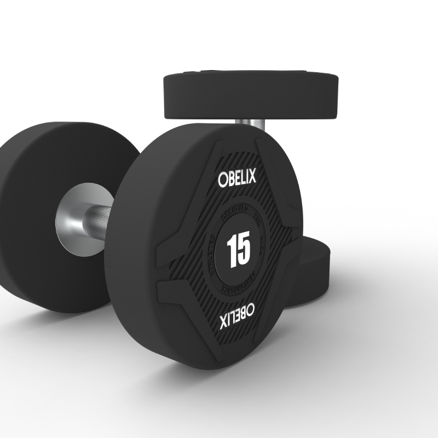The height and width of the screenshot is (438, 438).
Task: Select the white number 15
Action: click(x=238, y=249)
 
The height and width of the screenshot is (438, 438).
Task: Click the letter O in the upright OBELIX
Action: click(x=223, y=180)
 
